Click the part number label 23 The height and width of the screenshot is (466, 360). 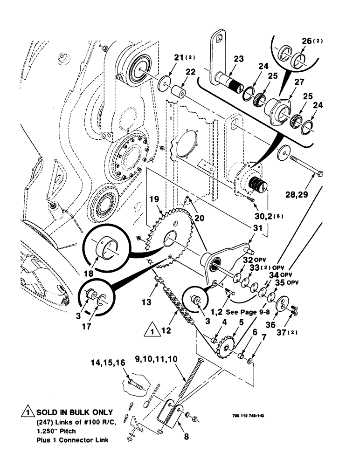[238, 59]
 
